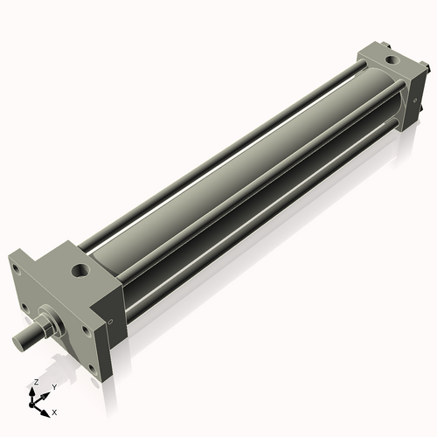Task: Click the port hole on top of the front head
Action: click(x=81, y=272)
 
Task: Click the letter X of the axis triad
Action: click(x=55, y=411)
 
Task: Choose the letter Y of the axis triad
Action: click(x=53, y=386)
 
